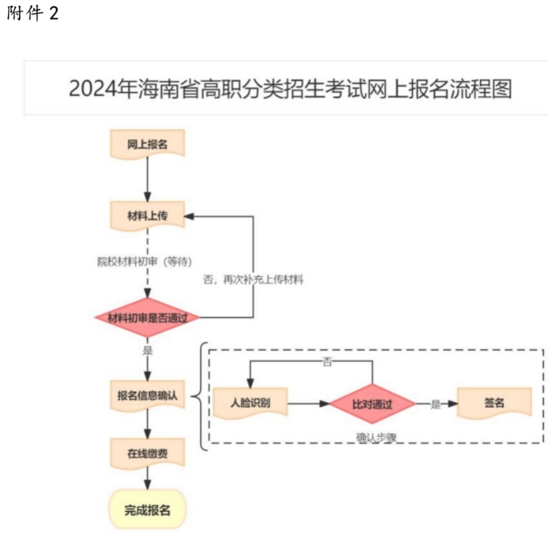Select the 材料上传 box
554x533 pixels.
pyautogui.click(x=147, y=215)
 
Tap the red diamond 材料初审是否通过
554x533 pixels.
pyautogui.click(x=147, y=318)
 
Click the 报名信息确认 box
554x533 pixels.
pyautogui.click(x=147, y=395)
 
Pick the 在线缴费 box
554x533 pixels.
pyautogui.click(x=147, y=453)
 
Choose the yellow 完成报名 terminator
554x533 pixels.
pyautogui.click(x=147, y=510)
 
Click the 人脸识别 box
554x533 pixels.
pyautogui.click(x=250, y=403)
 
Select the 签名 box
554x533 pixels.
pyautogui.click(x=495, y=403)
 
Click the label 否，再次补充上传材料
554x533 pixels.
pyautogui.click(x=253, y=279)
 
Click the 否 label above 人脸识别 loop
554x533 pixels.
pyautogui.click(x=327, y=361)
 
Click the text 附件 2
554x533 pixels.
pyautogui.click(x=32, y=15)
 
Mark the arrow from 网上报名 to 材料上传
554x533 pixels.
pyautogui.click(x=147, y=179)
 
